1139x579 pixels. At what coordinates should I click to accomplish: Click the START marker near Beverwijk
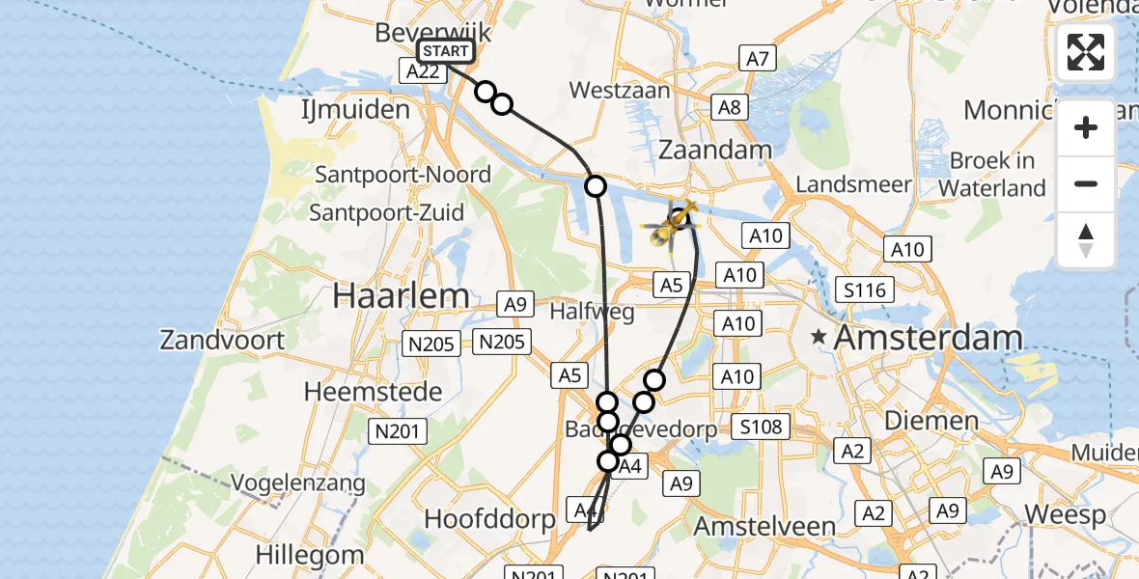point(445,52)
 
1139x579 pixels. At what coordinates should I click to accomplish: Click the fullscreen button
point(1086,52)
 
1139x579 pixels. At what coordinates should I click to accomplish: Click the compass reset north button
point(1086,240)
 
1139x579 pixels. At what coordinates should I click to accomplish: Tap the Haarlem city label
point(401,296)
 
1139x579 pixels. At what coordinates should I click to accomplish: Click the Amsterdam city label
point(927,338)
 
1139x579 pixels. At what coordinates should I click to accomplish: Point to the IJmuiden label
point(355,110)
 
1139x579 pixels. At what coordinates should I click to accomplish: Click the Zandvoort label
point(223,340)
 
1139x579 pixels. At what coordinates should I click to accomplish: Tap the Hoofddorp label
point(490,519)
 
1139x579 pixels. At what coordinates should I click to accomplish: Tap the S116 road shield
point(866,289)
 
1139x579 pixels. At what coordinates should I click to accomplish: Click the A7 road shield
point(759,60)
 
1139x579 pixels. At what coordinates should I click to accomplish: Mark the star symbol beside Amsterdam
point(820,337)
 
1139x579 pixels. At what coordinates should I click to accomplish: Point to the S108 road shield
point(761,425)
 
